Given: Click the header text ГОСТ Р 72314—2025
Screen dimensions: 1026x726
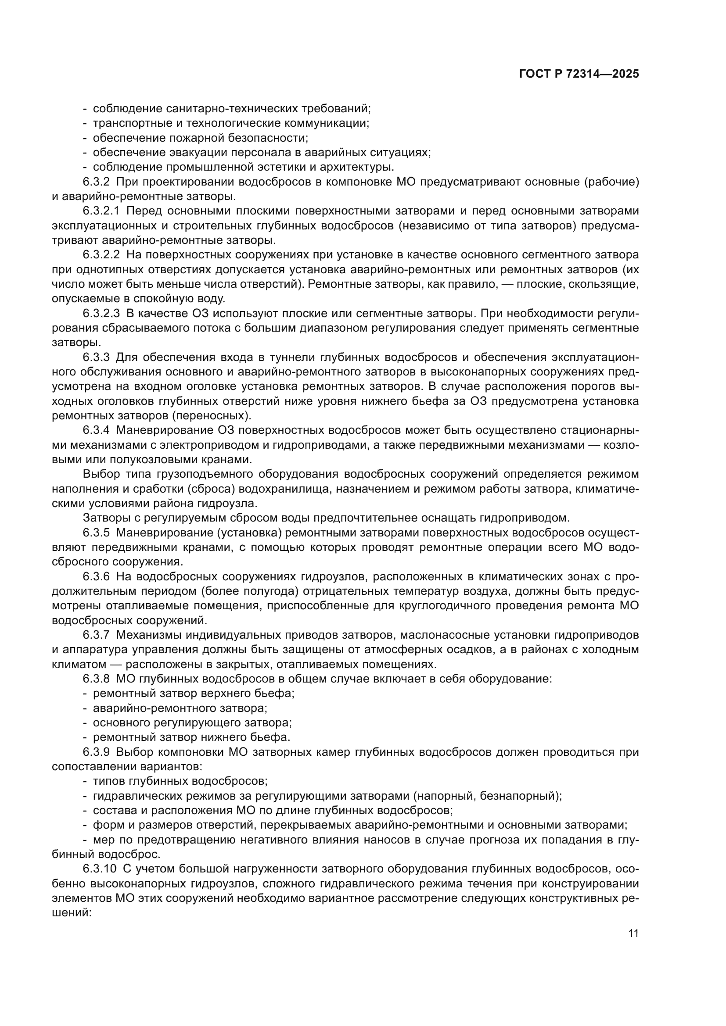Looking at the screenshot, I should point(579,74).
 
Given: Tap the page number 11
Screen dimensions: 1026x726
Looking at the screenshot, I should point(633,933).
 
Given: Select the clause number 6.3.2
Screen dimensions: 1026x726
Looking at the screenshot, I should point(96,182).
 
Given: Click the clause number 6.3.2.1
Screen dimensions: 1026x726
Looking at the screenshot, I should point(101,211).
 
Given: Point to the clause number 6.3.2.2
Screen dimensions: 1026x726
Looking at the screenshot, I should point(101,255).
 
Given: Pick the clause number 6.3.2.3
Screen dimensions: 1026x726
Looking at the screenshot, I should point(101,314).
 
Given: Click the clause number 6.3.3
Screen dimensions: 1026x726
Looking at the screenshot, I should point(96,357).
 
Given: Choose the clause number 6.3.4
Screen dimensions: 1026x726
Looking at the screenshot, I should point(96,430).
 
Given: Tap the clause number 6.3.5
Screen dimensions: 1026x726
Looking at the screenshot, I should point(96,533).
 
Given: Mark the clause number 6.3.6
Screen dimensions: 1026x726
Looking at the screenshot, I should point(96,577).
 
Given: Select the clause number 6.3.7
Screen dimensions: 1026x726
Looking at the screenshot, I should point(96,635).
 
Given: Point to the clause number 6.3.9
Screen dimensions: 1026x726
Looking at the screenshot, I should point(96,752).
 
